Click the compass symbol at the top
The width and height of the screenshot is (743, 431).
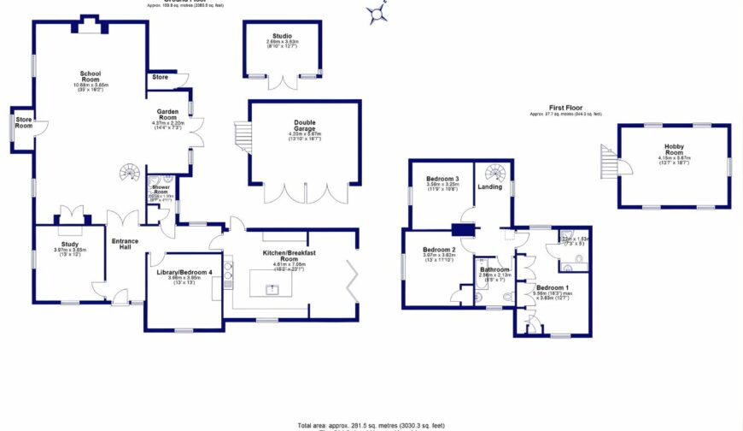pos(377,12)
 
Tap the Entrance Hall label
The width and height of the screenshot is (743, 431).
pos(125,244)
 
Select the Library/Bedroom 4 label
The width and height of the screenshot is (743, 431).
pos(184,273)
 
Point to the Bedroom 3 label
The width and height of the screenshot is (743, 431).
pos(442,180)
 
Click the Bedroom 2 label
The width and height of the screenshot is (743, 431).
pos(436,251)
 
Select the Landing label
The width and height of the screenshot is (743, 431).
pos(489,186)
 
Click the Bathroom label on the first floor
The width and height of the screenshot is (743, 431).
pos(494,270)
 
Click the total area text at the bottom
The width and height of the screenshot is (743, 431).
pos(371,425)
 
